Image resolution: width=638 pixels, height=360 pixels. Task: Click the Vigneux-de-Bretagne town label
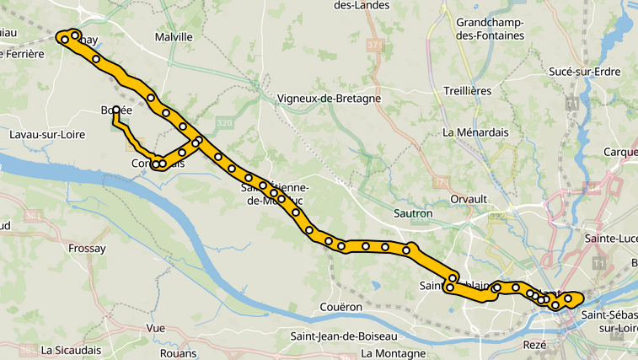click(329, 99)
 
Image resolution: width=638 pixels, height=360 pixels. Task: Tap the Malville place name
click(174, 37)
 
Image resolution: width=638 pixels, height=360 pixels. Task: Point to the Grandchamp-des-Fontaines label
click(489, 29)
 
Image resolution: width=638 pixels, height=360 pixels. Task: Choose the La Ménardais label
click(475, 132)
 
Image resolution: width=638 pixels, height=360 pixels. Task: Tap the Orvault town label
click(469, 199)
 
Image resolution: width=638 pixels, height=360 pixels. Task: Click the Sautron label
click(413, 213)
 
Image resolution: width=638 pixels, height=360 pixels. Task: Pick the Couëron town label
click(341, 307)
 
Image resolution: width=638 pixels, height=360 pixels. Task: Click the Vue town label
click(156, 328)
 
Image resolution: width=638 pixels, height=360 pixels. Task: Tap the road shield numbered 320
click(224, 123)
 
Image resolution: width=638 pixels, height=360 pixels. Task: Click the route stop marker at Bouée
click(115, 110)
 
